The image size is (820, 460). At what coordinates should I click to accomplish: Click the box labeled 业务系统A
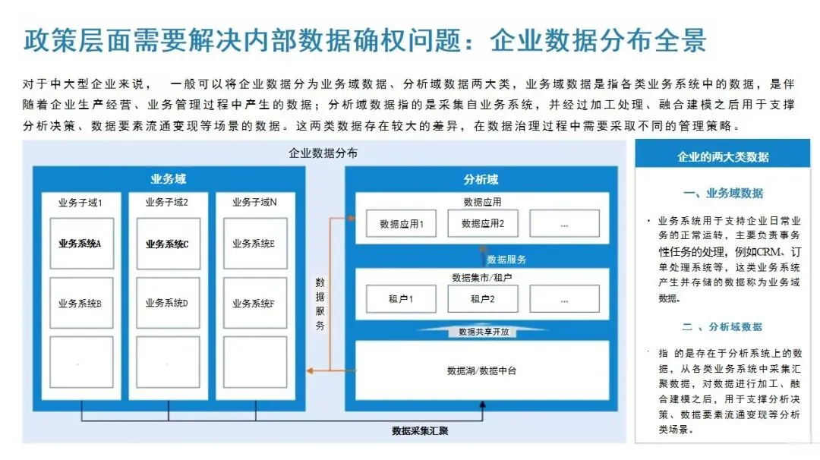coord(81,244)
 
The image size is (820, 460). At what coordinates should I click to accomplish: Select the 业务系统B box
coord(81,303)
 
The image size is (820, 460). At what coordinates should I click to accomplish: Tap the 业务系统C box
coord(168,244)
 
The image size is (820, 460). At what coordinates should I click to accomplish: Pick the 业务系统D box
coord(168,303)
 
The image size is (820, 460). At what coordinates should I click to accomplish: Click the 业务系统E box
coord(254,244)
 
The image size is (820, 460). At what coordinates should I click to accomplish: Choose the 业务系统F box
coord(254,303)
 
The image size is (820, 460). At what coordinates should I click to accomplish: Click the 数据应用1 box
coord(401,224)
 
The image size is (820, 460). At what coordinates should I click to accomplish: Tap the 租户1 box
coord(401,298)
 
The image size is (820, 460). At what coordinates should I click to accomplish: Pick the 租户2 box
coord(483,298)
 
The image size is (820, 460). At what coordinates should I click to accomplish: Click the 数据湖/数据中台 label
coord(482,370)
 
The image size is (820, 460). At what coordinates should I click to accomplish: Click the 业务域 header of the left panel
coord(168,180)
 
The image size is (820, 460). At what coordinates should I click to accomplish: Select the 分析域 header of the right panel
coord(481,180)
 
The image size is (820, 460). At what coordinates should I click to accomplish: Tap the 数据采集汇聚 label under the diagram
coord(420,431)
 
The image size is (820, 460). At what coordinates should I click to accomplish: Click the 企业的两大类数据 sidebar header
coord(722,157)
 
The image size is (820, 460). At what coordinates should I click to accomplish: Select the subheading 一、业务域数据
coord(723,194)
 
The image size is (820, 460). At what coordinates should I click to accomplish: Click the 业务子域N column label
coord(254,203)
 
